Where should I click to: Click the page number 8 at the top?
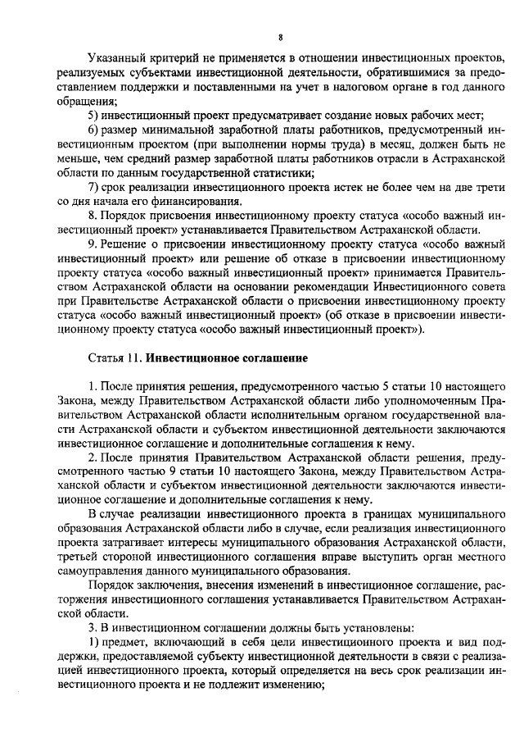coord(279,37)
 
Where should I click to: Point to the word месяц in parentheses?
coord(335,143)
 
